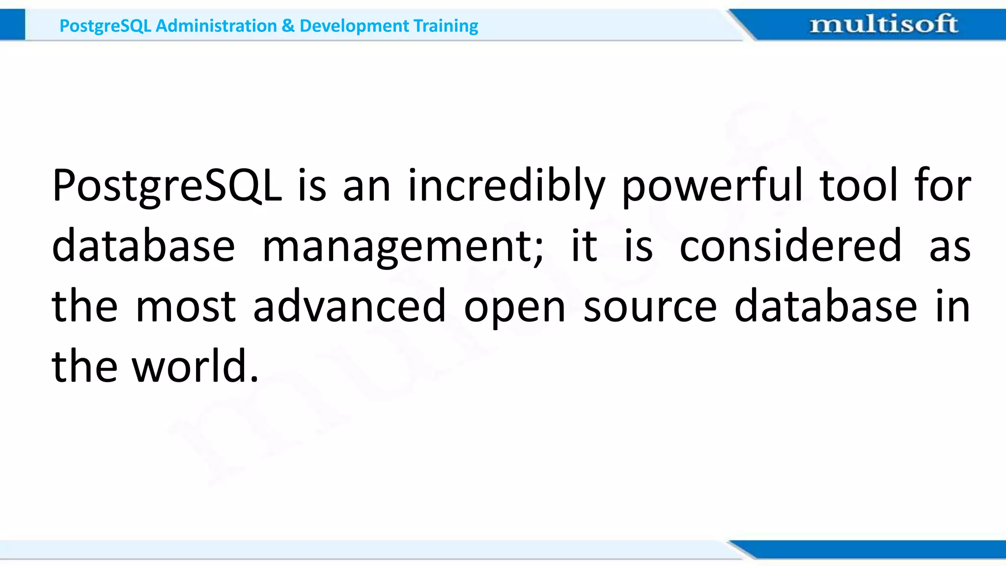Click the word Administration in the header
(x=216, y=26)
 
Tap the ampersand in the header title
(x=288, y=26)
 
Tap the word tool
(x=859, y=186)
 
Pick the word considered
(x=790, y=246)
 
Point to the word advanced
(x=349, y=306)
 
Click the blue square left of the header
(x=12, y=25)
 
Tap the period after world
(x=254, y=379)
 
